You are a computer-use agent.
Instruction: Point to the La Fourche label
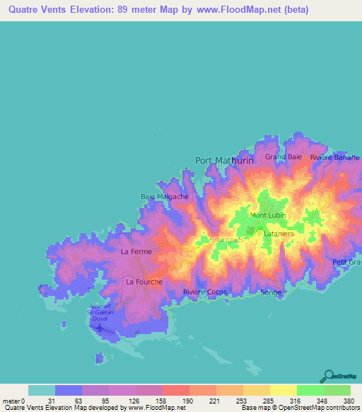[144, 282]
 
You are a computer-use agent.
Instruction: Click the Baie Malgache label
[165, 197]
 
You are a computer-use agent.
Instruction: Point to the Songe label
[271, 292]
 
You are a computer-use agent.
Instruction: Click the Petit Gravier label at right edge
[347, 263]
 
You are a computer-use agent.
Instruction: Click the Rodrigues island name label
[226, 240]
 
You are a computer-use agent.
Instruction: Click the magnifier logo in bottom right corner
[327, 375]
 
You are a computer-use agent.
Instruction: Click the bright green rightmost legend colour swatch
[337, 390]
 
